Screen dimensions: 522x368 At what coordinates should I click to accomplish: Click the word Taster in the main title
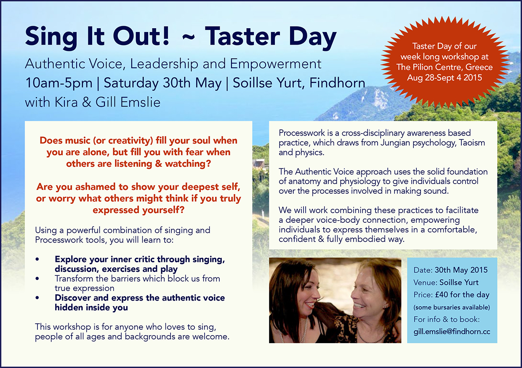pyautogui.click(x=242, y=36)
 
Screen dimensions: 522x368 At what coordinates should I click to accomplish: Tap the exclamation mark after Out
pyautogui.click(x=166, y=36)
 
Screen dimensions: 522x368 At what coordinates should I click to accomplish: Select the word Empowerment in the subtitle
pyautogui.click(x=276, y=64)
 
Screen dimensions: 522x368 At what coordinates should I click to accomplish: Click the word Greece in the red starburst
pyautogui.click(x=479, y=67)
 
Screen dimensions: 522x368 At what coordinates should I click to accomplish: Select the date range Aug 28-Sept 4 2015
pyautogui.click(x=445, y=77)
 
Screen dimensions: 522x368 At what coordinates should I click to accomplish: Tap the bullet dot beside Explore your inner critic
pyautogui.click(x=37, y=259)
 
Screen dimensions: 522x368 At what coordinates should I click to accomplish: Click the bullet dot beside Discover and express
pyautogui.click(x=37, y=298)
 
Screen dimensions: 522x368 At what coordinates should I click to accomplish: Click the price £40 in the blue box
pyautogui.click(x=441, y=295)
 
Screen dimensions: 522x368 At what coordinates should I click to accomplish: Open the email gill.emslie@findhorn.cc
pyautogui.click(x=452, y=332)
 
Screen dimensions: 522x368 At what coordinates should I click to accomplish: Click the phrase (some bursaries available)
pyautogui.click(x=452, y=307)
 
